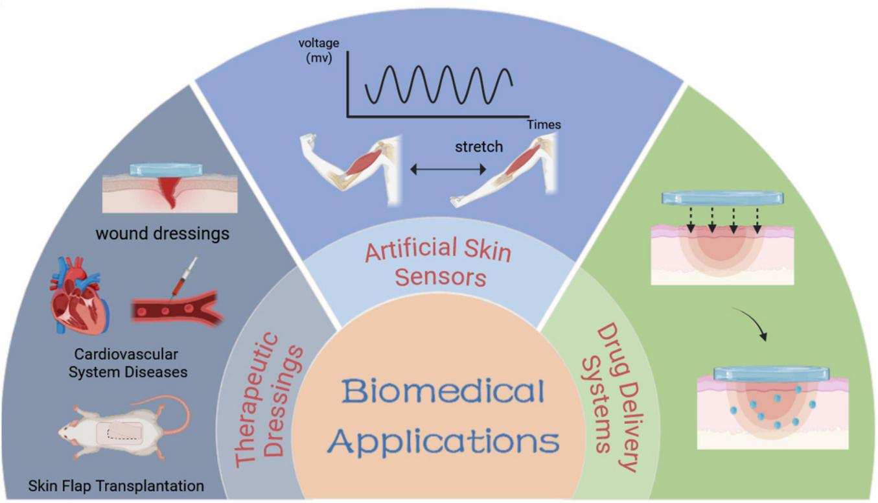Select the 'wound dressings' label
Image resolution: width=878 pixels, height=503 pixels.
(162, 233)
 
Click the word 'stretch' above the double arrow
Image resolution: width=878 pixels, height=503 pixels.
(478, 146)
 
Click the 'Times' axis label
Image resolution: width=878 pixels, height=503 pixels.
(543, 124)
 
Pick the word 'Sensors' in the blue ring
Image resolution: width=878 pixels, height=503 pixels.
(441, 278)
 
